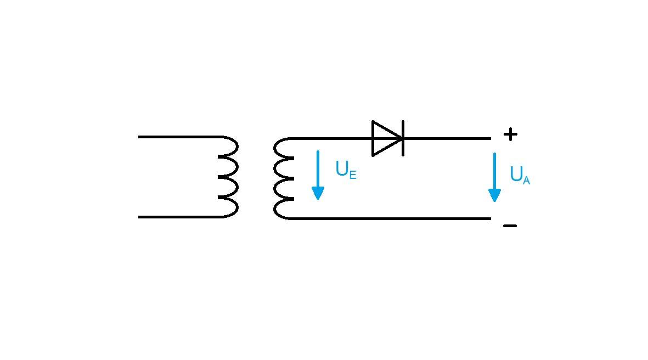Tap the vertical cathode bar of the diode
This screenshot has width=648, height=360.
click(403, 138)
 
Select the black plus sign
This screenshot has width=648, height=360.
click(510, 134)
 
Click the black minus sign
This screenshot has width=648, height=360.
click(510, 226)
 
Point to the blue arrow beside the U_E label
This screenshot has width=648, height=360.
click(318, 173)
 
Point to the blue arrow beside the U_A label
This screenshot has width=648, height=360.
click(494, 176)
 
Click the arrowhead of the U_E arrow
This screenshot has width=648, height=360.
click(318, 193)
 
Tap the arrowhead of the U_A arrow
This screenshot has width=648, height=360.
click(494, 195)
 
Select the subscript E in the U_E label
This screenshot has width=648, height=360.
click(353, 175)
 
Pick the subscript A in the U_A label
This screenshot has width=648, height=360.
click(526, 180)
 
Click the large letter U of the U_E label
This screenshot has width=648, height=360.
click(341, 168)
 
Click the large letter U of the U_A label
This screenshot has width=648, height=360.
click(516, 174)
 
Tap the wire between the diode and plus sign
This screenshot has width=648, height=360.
click(447, 138)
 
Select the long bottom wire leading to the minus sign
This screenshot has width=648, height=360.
click(390, 218)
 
